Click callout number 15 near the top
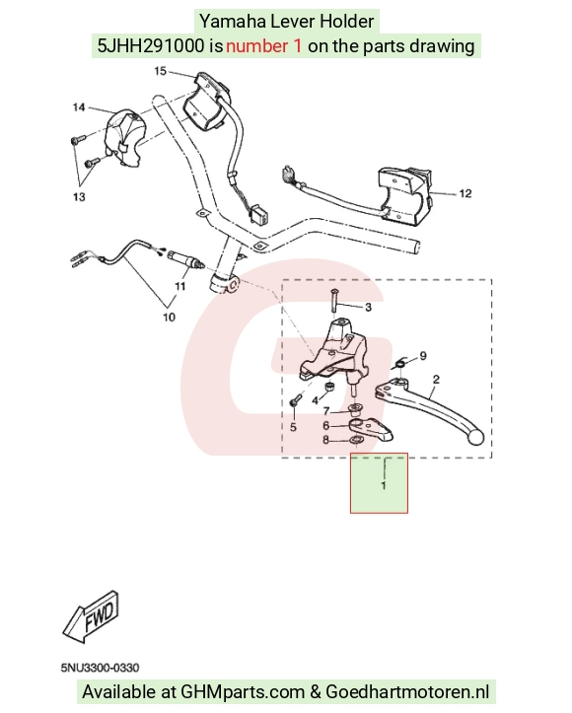160,71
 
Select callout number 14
79,107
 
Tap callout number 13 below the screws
79,197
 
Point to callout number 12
465,193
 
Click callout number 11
180,286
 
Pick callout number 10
169,317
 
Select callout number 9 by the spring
423,356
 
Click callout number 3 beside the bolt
368,308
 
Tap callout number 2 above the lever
436,380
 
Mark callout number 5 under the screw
293,427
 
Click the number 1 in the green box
384,485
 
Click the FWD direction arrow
91,617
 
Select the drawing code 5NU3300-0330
100,668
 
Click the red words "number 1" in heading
263,46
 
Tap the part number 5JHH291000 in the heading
151,46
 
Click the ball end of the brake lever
475,438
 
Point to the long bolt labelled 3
333,300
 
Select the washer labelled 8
356,440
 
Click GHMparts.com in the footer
243,692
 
